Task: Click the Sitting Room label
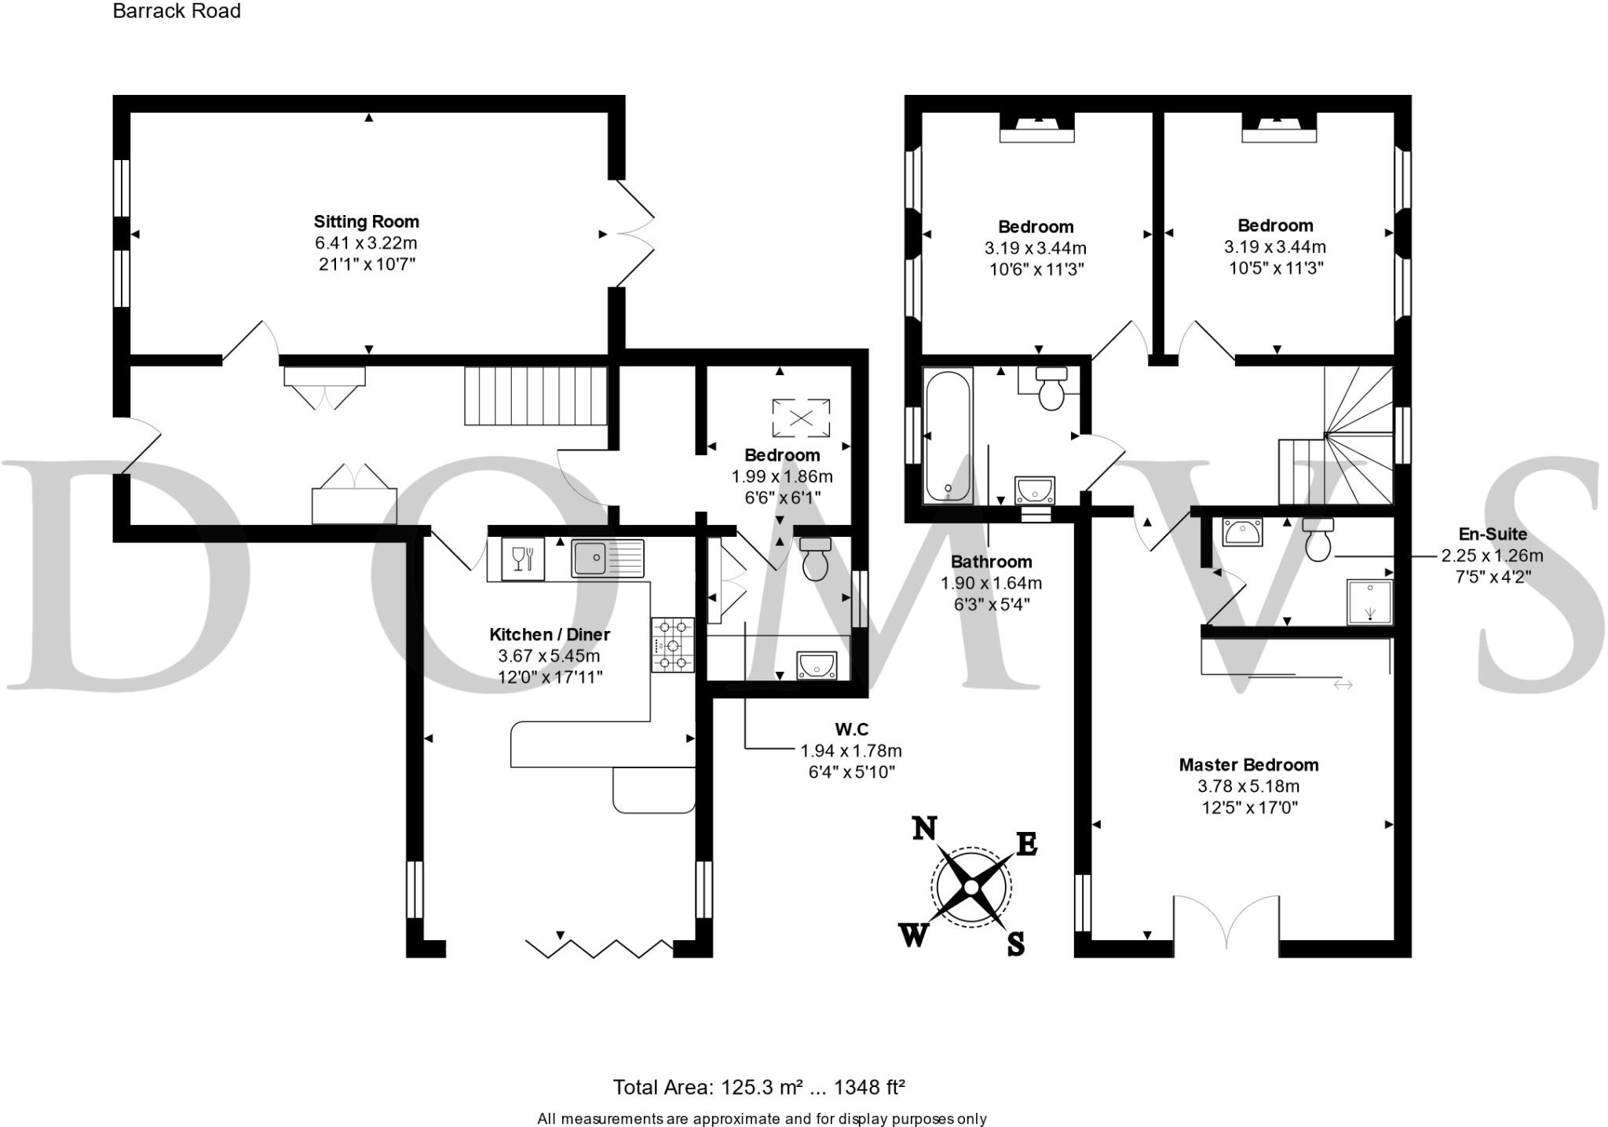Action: pyautogui.click(x=366, y=221)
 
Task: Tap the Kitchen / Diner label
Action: pyautogui.click(x=550, y=634)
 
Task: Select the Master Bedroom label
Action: pyautogui.click(x=1248, y=764)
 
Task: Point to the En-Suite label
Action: pyautogui.click(x=1493, y=534)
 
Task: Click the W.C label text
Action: pyautogui.click(x=851, y=729)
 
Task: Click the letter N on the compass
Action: pyautogui.click(x=925, y=828)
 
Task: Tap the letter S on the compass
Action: pyautogui.click(x=1016, y=943)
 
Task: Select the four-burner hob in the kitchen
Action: pyautogui.click(x=673, y=644)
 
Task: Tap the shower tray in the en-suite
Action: pyautogui.click(x=1370, y=602)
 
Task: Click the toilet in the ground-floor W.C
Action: pyautogui.click(x=815, y=558)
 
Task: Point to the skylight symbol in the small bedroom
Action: pyautogui.click(x=800, y=418)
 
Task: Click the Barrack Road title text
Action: pyautogui.click(x=177, y=11)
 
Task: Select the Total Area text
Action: pyautogui.click(x=758, y=1087)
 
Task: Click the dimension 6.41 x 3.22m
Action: pyautogui.click(x=366, y=243)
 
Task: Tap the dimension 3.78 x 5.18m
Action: pyautogui.click(x=1248, y=786)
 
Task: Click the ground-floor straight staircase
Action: pyautogui.click(x=536, y=396)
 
